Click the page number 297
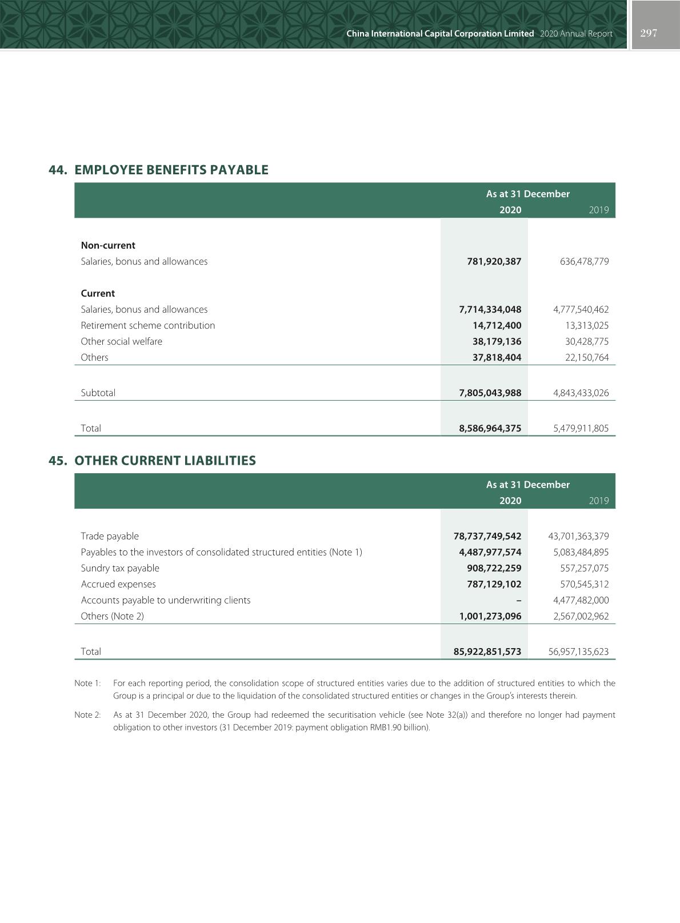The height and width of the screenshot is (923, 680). pos(649,33)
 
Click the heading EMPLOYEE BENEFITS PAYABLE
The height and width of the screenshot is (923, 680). pos(171,170)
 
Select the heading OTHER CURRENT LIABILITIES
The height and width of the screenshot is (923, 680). pos(165,461)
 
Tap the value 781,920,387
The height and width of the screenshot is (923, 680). pos(494,261)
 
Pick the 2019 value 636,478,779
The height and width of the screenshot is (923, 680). pos(581,261)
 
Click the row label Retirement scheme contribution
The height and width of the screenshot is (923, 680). pos(148,325)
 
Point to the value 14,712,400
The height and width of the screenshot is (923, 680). pos(497,325)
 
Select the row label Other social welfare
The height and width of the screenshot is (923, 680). pos(121,341)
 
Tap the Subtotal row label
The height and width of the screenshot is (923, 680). pos(98,393)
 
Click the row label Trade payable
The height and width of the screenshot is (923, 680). pos(110,536)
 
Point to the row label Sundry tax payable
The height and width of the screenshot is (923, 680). pos(120,568)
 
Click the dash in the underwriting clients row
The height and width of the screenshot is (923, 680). pos(518,600)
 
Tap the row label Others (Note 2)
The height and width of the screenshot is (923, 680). pos(113,616)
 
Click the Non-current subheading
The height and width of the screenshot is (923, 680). pos(108,245)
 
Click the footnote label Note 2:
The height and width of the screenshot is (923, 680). pos(87,715)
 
